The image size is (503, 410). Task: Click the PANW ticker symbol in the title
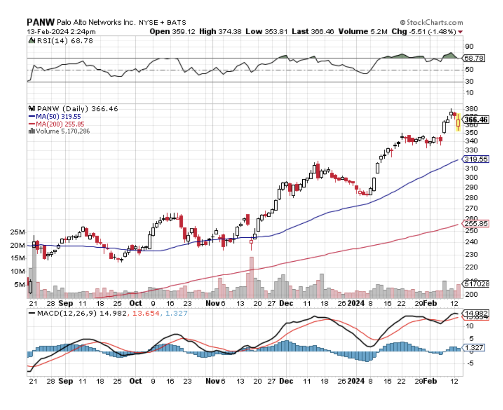(x=41, y=22)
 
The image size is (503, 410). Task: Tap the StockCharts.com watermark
(x=431, y=22)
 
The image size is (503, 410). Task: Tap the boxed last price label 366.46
(x=476, y=120)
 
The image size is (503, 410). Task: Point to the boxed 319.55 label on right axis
(x=476, y=159)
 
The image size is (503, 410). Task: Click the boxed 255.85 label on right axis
(x=476, y=223)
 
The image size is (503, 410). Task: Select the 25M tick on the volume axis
(x=17, y=232)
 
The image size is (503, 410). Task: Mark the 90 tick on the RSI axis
(x=469, y=47)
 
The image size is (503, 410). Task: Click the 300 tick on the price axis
(x=471, y=177)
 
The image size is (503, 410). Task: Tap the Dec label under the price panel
(x=286, y=303)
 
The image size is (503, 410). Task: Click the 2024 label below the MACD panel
(x=356, y=381)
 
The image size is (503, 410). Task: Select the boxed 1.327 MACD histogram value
(x=474, y=348)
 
